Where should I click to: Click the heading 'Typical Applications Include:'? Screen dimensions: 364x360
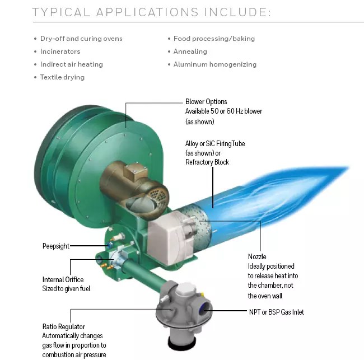151,12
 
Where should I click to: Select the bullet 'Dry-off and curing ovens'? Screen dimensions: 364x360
81,39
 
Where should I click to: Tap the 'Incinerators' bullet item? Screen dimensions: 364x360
60,52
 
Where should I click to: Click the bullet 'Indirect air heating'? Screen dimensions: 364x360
71,64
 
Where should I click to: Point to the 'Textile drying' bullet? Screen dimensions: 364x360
62,77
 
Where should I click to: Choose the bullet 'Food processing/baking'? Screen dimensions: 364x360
214,39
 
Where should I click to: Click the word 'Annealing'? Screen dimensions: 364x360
190,52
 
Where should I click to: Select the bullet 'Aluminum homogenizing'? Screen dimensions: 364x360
214,64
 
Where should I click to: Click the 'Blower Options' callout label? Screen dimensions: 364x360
206,102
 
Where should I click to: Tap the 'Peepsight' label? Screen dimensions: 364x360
56,246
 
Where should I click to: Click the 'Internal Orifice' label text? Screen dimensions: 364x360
63,279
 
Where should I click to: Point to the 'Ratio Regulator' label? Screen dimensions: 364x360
64,326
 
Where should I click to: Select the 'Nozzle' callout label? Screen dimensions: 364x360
257,256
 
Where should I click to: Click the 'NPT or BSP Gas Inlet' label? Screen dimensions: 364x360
276,312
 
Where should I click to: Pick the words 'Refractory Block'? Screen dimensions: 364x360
207,162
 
